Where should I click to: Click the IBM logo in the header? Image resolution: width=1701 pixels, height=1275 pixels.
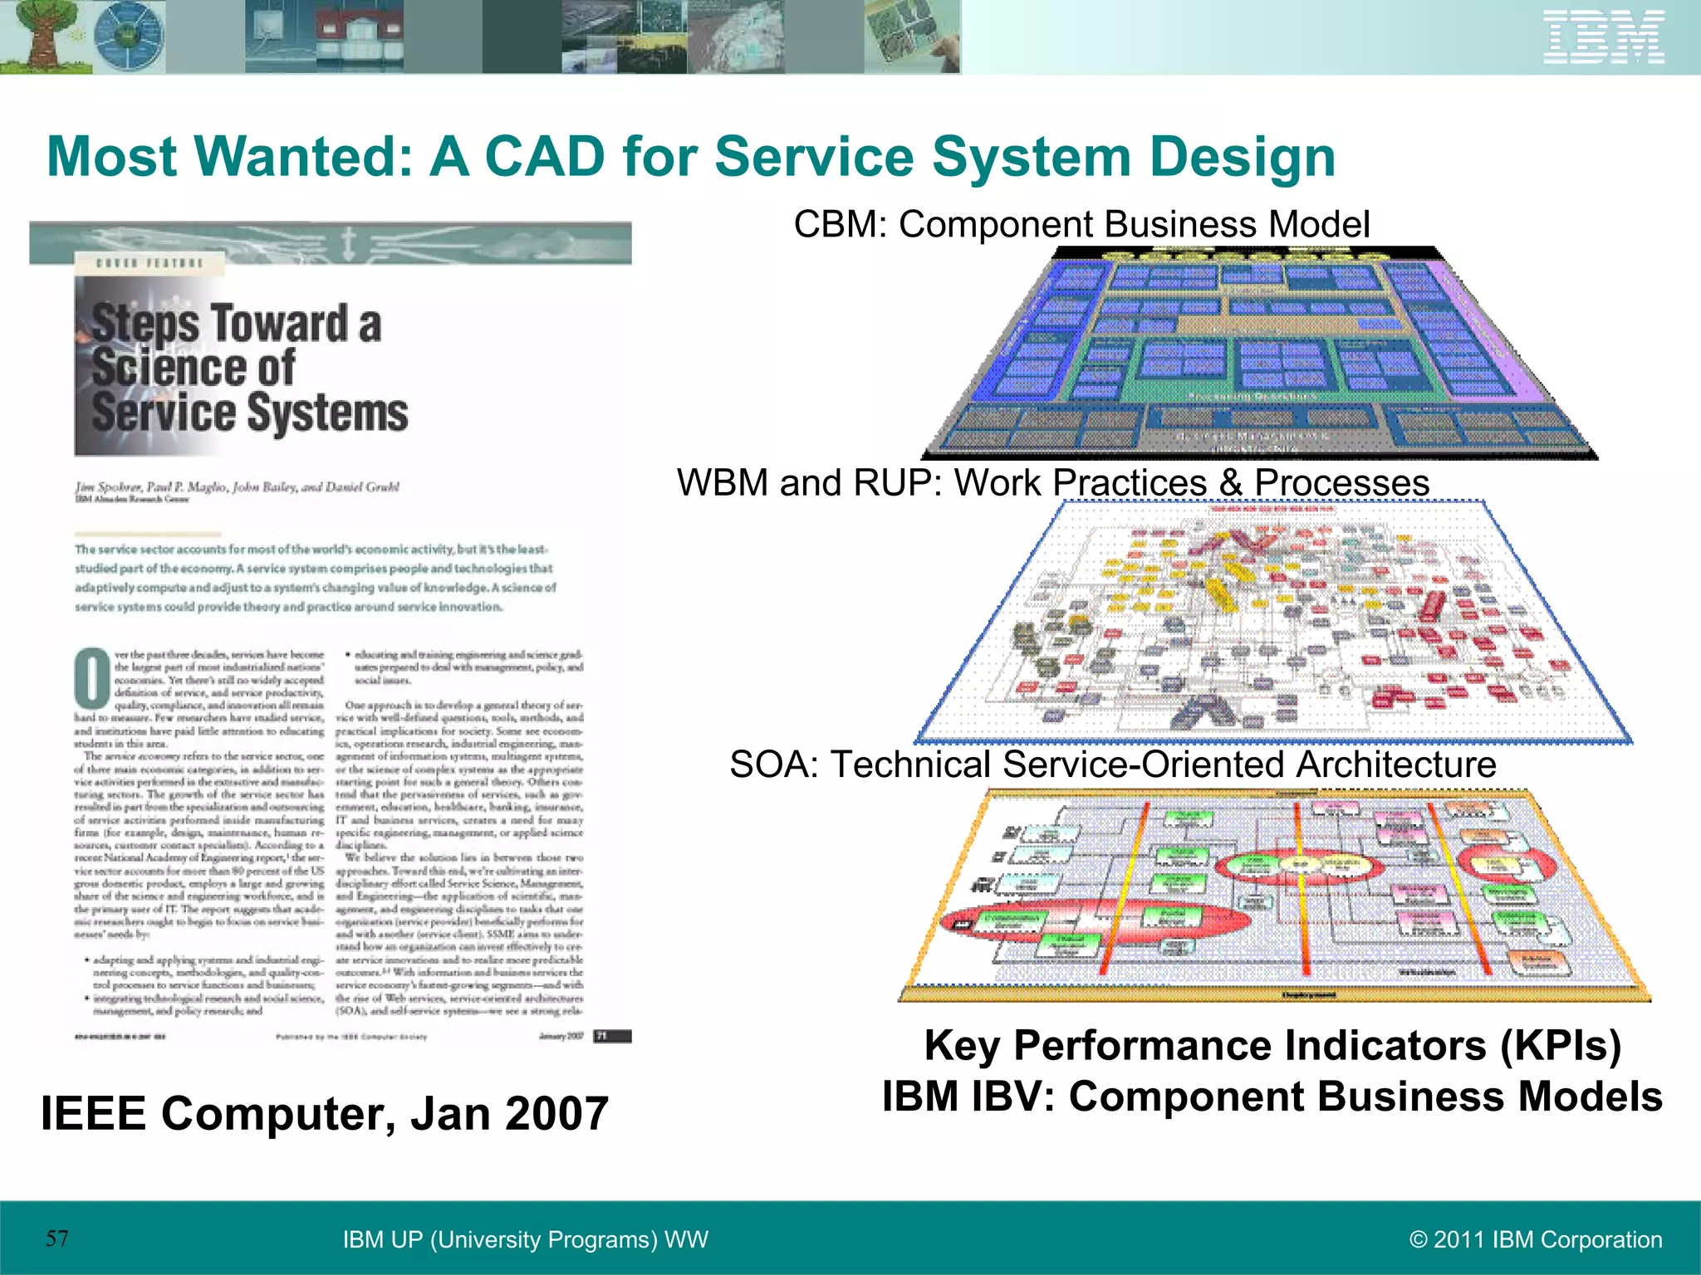[x=1604, y=37]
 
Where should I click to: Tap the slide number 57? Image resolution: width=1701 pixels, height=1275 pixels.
[x=57, y=1238]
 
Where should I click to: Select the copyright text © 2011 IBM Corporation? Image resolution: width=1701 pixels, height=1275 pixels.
[x=1536, y=1239]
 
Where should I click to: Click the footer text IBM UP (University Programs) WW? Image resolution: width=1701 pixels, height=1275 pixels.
[x=525, y=1239]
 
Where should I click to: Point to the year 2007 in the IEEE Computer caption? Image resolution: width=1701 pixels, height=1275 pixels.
[x=556, y=1113]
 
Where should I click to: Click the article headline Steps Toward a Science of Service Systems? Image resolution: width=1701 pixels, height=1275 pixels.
[x=248, y=367]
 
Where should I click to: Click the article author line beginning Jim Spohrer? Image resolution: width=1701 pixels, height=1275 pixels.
[x=237, y=486]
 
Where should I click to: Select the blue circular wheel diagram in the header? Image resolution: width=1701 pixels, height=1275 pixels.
[x=130, y=37]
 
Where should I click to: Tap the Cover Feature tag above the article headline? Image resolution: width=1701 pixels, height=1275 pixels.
[x=149, y=263]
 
